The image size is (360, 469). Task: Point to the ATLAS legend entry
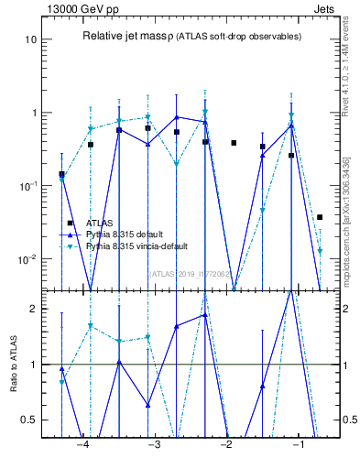tap(99, 223)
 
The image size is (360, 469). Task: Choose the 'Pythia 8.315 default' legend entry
tap(125, 234)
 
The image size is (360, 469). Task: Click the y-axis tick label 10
tap(31, 40)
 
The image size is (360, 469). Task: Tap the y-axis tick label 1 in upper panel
tap(34, 114)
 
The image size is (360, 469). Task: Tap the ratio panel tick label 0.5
tap(29, 420)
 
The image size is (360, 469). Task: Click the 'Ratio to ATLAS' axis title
tap(14, 364)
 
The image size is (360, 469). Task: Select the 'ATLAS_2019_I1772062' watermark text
tap(191, 274)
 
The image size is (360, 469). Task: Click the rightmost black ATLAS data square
tap(320, 217)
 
